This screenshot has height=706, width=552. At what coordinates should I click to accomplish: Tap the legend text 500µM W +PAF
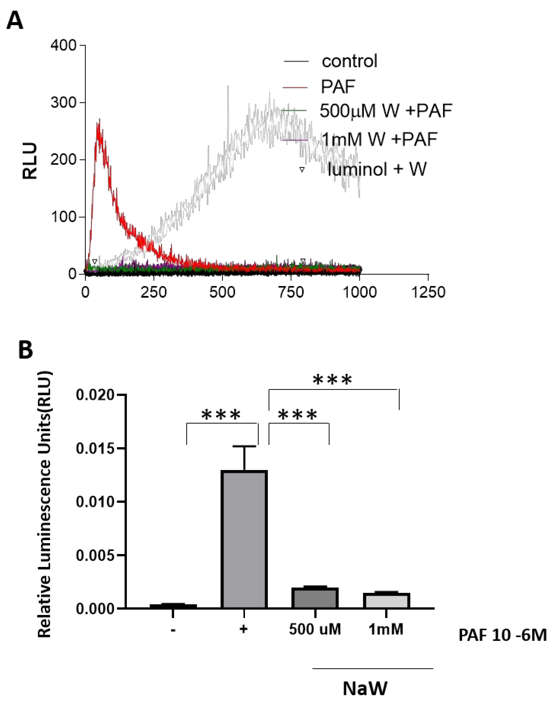(x=386, y=111)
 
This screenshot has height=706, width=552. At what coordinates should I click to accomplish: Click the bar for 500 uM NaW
(x=315, y=598)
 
